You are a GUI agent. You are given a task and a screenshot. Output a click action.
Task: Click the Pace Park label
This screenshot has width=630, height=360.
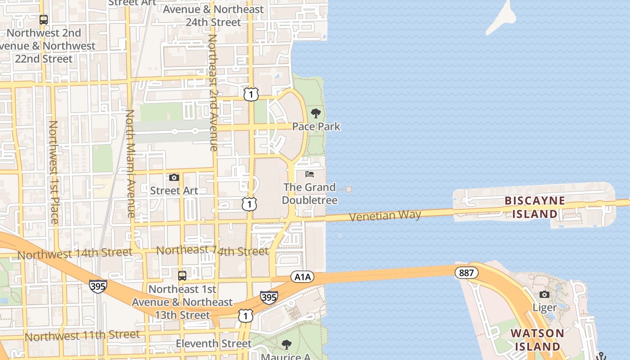pyautogui.click(x=316, y=127)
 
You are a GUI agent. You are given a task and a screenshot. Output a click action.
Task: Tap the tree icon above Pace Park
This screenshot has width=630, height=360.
pyautogui.click(x=316, y=113)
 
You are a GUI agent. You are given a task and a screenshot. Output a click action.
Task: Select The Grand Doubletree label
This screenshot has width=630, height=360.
pyautogui.click(x=310, y=193)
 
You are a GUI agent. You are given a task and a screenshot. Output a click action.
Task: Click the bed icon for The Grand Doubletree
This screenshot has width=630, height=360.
pyautogui.click(x=310, y=174)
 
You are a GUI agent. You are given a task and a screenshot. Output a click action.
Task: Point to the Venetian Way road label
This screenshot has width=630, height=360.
pyautogui.click(x=385, y=216)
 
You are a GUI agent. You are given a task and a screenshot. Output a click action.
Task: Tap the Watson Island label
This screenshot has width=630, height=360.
pyautogui.click(x=537, y=340)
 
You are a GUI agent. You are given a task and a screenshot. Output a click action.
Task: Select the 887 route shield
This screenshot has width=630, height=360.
pyautogui.click(x=466, y=273)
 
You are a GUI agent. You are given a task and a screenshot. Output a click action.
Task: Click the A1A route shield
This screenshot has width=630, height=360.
pyautogui.click(x=301, y=276)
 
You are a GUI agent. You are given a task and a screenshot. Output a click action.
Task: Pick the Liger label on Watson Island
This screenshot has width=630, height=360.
pyautogui.click(x=544, y=308)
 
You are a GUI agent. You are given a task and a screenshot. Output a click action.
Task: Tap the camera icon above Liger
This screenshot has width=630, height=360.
pyautogui.click(x=544, y=295)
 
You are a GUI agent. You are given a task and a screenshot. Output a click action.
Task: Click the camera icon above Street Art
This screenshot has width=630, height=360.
pyautogui.click(x=174, y=178)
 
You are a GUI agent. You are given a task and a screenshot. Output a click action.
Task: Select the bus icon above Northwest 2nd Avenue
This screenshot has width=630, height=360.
pyautogui.click(x=44, y=20)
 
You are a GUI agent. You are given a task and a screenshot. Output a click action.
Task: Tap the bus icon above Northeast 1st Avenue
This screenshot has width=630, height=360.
pyautogui.click(x=182, y=276)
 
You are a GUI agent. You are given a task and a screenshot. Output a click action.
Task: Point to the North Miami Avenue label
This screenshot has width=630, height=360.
pyautogui.click(x=130, y=164)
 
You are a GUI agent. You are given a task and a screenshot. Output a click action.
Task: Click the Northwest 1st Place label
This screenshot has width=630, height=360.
pyautogui.click(x=54, y=172)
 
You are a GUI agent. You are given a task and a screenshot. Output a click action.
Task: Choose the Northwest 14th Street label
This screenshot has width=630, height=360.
pyautogui.click(x=75, y=254)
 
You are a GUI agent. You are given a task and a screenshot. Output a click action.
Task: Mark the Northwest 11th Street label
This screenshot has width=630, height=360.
pyautogui.click(x=82, y=336)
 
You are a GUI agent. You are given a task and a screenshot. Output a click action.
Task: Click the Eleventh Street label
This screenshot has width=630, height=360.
pyautogui.click(x=214, y=344)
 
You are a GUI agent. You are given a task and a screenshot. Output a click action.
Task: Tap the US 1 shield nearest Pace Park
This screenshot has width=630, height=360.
pyautogui.click(x=251, y=94)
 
